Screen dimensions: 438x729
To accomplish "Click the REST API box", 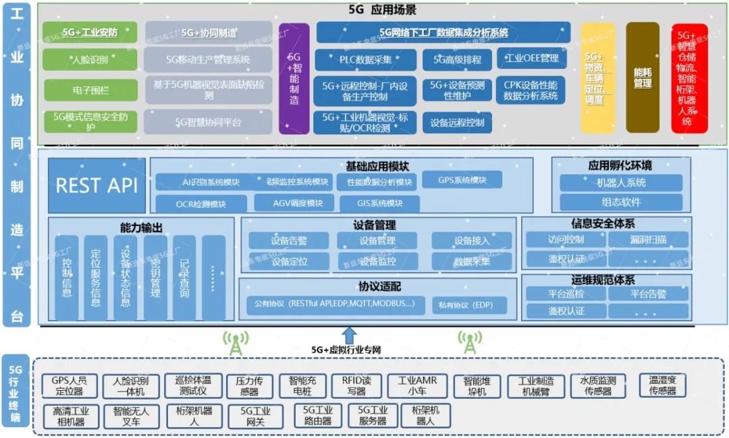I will coord(97,186).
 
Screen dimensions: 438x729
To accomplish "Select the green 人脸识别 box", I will coord(90,59).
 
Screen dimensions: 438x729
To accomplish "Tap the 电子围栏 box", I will coord(90,90).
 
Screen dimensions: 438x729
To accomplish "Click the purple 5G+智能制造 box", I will coord(294,78).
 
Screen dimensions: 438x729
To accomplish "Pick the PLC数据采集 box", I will coord(365,59).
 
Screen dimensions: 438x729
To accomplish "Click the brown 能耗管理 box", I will coord(642,78).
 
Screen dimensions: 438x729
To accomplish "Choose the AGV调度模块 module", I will coord(294,203).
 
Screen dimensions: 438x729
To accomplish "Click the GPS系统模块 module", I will coord(462,180).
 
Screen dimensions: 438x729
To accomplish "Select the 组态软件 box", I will coord(621,202).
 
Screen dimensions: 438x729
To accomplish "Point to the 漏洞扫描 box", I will coord(648,239).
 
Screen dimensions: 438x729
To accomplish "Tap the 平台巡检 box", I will coord(565,294).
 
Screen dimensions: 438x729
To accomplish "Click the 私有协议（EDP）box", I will coord(469,305).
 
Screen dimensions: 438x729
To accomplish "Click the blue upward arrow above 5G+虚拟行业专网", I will coord(349,334).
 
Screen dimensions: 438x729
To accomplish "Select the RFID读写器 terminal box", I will coord(356,385).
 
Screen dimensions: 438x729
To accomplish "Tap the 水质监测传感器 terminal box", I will coord(597,385).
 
